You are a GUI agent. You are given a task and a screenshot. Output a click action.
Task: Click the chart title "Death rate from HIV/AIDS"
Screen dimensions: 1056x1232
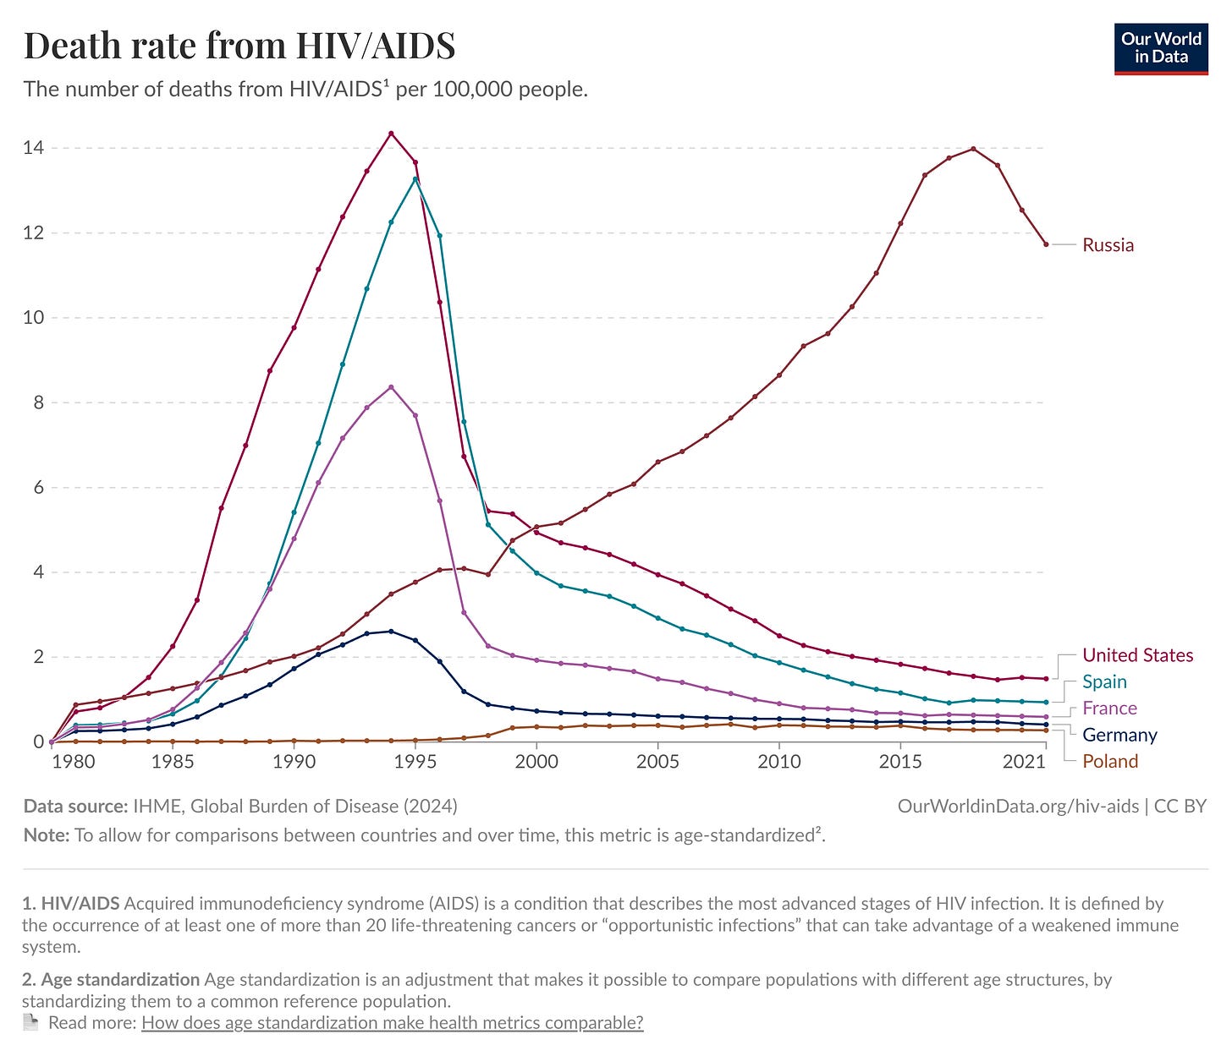239,46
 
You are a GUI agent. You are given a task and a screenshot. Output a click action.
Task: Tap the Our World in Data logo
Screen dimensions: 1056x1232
1161,49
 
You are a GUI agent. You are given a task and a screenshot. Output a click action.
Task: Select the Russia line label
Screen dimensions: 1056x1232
1108,245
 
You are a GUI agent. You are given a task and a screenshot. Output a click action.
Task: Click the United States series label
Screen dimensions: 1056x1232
1137,655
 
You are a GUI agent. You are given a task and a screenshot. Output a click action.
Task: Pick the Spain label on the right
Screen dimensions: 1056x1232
1104,681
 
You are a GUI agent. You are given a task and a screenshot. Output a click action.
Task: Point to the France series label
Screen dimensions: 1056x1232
1109,709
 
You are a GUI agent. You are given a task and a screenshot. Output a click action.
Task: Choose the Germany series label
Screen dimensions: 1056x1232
1119,735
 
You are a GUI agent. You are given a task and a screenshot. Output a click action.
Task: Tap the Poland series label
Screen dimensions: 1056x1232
1110,761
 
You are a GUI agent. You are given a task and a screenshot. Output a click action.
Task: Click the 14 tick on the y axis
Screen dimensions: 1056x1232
34,148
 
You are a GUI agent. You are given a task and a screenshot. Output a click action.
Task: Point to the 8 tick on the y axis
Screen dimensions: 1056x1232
37,402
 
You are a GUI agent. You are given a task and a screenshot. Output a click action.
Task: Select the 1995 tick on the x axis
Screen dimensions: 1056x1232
415,762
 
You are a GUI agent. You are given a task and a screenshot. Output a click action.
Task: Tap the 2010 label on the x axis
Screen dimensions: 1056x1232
779,762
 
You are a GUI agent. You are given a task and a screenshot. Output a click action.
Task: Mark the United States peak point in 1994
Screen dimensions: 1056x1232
391,134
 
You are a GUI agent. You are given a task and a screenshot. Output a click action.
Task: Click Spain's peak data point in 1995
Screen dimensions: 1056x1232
415,179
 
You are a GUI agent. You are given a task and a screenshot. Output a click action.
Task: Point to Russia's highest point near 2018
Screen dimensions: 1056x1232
973,149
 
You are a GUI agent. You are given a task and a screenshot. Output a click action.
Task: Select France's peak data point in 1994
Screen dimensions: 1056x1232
391,387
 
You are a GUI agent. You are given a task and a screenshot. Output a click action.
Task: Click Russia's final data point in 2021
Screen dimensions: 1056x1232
1046,244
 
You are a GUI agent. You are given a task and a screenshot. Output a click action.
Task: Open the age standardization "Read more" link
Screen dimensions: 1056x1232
392,1023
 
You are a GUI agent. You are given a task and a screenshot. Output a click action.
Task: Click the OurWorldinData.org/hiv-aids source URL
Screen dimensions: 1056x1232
1018,807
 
